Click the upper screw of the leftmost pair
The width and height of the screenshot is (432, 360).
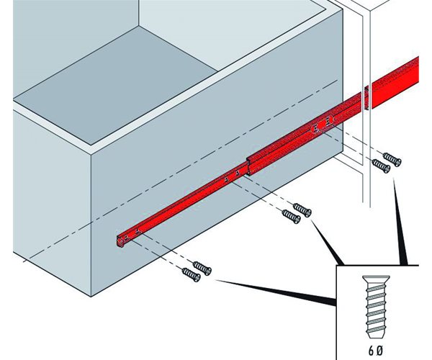tap(202, 268)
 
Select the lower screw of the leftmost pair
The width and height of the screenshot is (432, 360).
tap(191, 274)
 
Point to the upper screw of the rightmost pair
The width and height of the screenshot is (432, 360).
tap(392, 159)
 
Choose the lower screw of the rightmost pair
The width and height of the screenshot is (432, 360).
tap(382, 165)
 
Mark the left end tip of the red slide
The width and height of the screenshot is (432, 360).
tap(117, 238)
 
